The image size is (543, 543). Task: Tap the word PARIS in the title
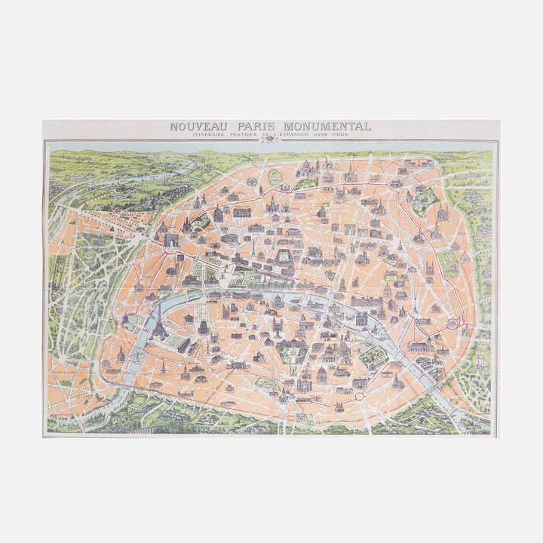(x=255, y=127)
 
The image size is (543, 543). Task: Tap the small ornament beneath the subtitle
(x=269, y=140)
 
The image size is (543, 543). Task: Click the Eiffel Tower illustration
(x=159, y=323)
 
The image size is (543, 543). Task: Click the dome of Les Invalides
(x=203, y=327)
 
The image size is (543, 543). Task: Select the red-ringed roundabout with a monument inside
(x=453, y=324)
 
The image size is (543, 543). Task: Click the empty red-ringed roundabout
(x=359, y=395)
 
